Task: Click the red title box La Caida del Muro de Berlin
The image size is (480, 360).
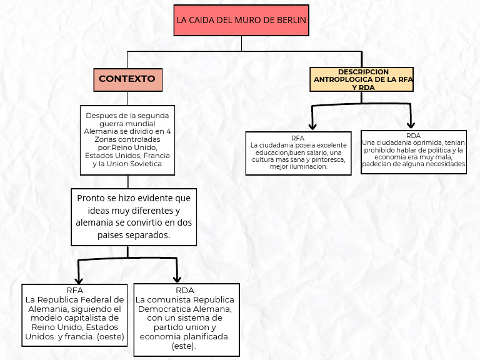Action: [241, 20]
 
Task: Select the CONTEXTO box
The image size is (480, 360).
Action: [127, 79]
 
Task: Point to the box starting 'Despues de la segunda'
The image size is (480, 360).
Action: [127, 140]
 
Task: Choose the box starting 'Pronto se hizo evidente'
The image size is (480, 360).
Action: [134, 216]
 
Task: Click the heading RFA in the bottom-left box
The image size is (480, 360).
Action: [74, 290]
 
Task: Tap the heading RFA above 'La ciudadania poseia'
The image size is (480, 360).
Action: [297, 137]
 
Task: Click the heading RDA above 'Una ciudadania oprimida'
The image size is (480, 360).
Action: [413, 136]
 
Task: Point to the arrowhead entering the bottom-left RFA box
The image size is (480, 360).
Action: [78, 279]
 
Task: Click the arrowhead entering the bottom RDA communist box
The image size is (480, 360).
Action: [177, 279]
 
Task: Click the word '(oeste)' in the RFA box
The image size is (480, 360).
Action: [111, 336]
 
